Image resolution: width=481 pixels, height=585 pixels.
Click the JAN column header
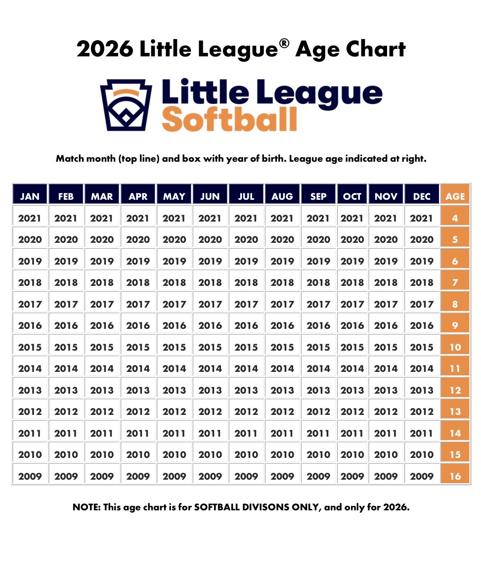coord(30,196)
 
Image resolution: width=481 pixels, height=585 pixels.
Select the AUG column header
coord(282,196)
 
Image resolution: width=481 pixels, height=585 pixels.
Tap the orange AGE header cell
coord(455,196)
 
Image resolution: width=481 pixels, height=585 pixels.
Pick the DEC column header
coord(422,196)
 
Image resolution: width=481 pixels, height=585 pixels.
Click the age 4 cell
coord(455,218)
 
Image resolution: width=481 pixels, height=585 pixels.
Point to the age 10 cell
coord(455,347)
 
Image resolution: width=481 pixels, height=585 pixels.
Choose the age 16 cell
coord(455,476)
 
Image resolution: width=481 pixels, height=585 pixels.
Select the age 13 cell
coord(455,411)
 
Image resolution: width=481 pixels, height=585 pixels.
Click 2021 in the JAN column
coord(30,218)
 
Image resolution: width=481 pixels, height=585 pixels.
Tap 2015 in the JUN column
coord(210,347)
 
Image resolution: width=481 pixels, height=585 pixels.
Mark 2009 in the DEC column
coord(422,476)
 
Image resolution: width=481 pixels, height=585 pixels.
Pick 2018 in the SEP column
coord(318,282)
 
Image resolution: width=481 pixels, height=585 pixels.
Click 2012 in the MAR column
coord(102,411)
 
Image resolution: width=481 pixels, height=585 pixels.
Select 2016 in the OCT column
coord(352,325)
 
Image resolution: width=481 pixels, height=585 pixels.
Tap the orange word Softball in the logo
coord(229,119)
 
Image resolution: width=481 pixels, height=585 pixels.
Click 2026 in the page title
coord(105,50)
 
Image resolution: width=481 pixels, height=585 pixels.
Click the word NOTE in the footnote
coord(86,507)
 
